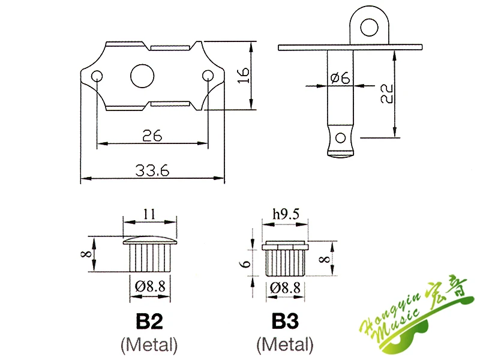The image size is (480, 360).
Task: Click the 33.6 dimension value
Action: pyautogui.click(x=152, y=170)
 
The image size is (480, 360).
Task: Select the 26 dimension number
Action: pyautogui.click(x=152, y=136)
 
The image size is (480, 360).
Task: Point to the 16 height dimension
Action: pyautogui.click(x=244, y=76)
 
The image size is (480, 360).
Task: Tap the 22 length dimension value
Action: pyautogui.click(x=386, y=94)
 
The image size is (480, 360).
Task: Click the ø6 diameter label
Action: pyautogui.click(x=340, y=77)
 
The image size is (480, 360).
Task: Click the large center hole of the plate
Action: pyautogui.click(x=142, y=76)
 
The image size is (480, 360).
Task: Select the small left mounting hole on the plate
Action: pyautogui.click(x=97, y=76)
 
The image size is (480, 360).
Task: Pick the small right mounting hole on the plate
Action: pyautogui.click(x=208, y=76)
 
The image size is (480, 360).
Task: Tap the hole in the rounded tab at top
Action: pyautogui.click(x=369, y=27)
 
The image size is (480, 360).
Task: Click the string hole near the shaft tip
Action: pyautogui.click(x=340, y=138)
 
